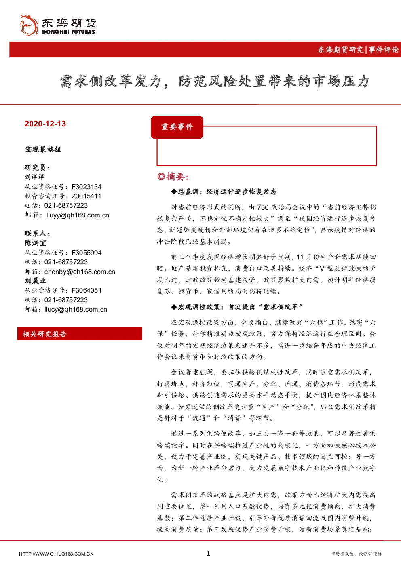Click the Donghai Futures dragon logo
29,25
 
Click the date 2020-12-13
45,124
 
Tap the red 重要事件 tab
177,127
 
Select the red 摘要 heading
173,177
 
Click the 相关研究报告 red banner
80,333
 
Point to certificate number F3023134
87,187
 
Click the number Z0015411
87,196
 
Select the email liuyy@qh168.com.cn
78,215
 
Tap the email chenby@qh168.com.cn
80,272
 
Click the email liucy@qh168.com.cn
76,309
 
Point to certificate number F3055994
87,253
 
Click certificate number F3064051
87,290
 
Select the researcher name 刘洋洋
34,177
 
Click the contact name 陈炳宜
36,243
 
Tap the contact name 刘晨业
36,281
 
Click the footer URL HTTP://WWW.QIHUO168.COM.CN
56,554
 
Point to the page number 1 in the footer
208,554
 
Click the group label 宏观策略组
43,150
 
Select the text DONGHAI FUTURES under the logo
68,32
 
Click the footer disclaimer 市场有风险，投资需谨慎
356,554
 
